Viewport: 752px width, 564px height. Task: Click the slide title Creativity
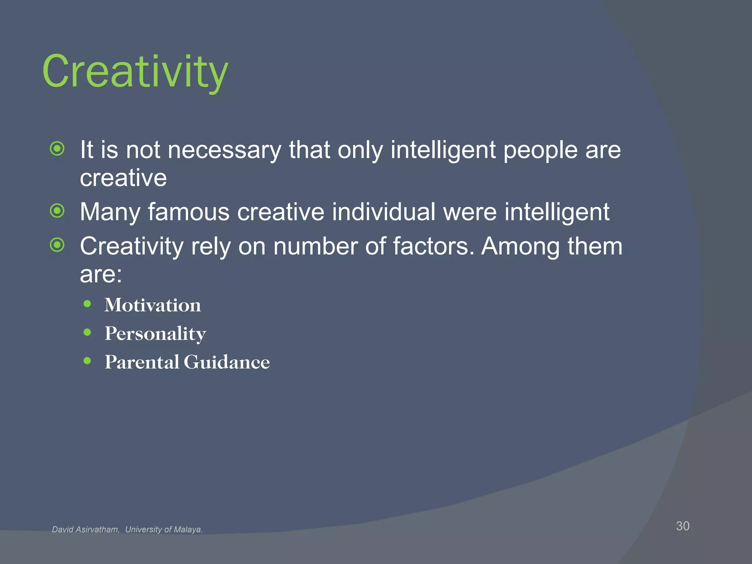135,72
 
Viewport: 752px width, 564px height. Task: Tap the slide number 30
683,526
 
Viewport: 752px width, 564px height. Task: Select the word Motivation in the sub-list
153,305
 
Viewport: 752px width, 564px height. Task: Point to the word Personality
155,334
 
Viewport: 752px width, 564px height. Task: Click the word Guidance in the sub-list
227,362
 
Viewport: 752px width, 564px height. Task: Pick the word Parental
142,362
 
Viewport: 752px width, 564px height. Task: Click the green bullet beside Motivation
87,304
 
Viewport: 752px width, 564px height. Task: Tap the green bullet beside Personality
87,332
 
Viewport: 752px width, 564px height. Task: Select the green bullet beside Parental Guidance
87,361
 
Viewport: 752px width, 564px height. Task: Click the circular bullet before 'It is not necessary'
57,149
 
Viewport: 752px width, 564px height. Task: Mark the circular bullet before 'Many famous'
57,211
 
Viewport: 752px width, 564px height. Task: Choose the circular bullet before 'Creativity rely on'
57,245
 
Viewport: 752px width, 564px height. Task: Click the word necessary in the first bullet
224,150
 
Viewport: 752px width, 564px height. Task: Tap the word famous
189,212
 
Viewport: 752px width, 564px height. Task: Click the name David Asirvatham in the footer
86,529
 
